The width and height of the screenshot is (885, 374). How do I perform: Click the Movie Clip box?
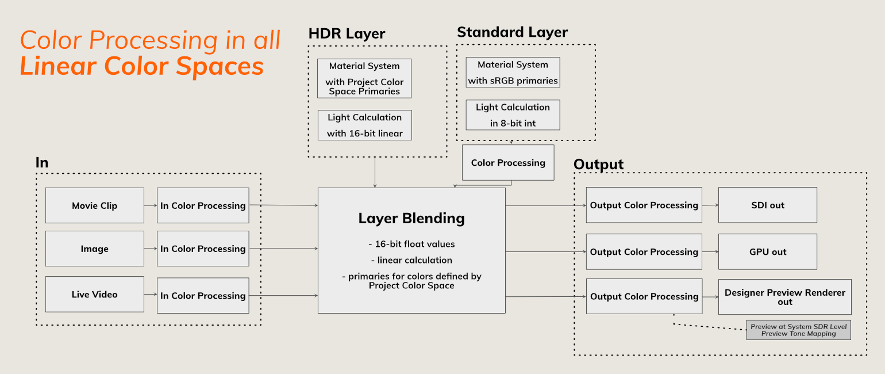pyautogui.click(x=95, y=205)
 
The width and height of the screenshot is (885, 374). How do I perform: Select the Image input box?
pyautogui.click(x=95, y=249)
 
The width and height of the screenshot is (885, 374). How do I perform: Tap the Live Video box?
pyautogui.click(x=95, y=294)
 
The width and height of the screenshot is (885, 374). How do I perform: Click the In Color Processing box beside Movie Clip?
pyautogui.click(x=203, y=205)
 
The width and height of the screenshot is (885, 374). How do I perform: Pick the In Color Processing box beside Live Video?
pyautogui.click(x=203, y=296)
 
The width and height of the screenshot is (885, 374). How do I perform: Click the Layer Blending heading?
pyautogui.click(x=411, y=219)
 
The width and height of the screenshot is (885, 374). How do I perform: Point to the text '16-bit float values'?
pyautogui.click(x=411, y=244)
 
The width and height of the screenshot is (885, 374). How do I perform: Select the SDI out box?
pyautogui.click(x=767, y=205)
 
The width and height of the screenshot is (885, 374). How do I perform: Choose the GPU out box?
pyautogui.click(x=767, y=251)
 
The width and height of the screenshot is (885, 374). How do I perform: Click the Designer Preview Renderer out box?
pyautogui.click(x=784, y=297)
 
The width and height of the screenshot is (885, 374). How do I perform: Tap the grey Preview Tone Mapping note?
pyautogui.click(x=798, y=330)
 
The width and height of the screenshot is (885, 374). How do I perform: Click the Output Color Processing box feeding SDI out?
pyautogui.click(x=644, y=205)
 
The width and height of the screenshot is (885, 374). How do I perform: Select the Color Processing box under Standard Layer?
pyautogui.click(x=508, y=163)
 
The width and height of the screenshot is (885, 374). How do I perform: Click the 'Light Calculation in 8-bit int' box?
pyautogui.click(x=513, y=115)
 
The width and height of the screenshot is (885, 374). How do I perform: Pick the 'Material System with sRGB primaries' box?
pyautogui.click(x=513, y=72)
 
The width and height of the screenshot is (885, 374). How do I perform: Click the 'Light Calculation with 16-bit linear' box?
pyautogui.click(x=365, y=125)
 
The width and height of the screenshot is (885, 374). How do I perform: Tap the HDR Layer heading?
pyautogui.click(x=347, y=33)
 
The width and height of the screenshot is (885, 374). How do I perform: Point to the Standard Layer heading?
pyautogui.click(x=512, y=32)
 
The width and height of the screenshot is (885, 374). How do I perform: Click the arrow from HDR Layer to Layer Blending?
pyautogui.click(x=375, y=173)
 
